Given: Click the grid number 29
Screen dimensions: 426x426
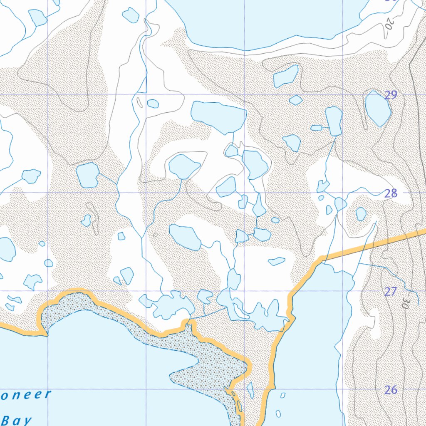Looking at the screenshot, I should tap(391, 95).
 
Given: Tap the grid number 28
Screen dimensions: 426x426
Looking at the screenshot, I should tap(391, 193).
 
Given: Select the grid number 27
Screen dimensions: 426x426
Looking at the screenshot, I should tap(390, 292).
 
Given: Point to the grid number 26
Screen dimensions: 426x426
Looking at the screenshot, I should tap(390, 390).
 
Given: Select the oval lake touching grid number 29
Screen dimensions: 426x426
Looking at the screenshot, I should tap(377, 108).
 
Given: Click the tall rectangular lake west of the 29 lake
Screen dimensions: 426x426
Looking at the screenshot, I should tap(334, 121).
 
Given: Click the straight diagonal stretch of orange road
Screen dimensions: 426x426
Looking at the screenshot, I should tap(374, 245).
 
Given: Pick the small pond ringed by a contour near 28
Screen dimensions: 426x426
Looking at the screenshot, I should tap(361, 214).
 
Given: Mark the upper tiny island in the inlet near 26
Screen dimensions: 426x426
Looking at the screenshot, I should tap(283, 395).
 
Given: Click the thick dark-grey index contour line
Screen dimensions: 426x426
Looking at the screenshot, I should tap(416, 125).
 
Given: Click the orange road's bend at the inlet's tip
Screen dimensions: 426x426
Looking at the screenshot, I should tap(321, 260).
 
